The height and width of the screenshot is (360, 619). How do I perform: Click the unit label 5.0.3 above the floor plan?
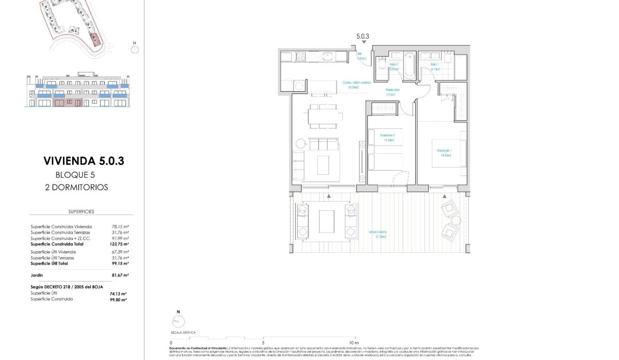pyautogui.click(x=363, y=37)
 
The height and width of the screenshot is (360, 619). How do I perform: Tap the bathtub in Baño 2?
pyautogui.click(x=409, y=66)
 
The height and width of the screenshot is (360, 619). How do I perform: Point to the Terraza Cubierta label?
pyautogui.click(x=378, y=234)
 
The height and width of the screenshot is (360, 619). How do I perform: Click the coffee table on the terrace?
pyautogui.click(x=327, y=221)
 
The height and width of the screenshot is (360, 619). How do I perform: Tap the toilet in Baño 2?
pyautogui.click(x=381, y=62)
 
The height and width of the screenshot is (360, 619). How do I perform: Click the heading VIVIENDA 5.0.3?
pyautogui.click(x=84, y=161)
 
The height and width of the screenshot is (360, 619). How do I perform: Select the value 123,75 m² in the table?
pyautogui.click(x=119, y=244)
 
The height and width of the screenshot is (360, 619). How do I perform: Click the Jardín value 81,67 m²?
pyautogui.click(x=119, y=275)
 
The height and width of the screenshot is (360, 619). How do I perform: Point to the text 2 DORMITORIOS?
pyautogui.click(x=76, y=187)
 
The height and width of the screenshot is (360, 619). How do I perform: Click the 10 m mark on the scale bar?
pyautogui.click(x=353, y=342)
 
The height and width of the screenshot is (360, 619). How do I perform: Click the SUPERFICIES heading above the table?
pyautogui.click(x=81, y=211)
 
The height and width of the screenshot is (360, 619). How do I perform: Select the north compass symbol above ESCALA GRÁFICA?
pyautogui.click(x=177, y=321)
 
